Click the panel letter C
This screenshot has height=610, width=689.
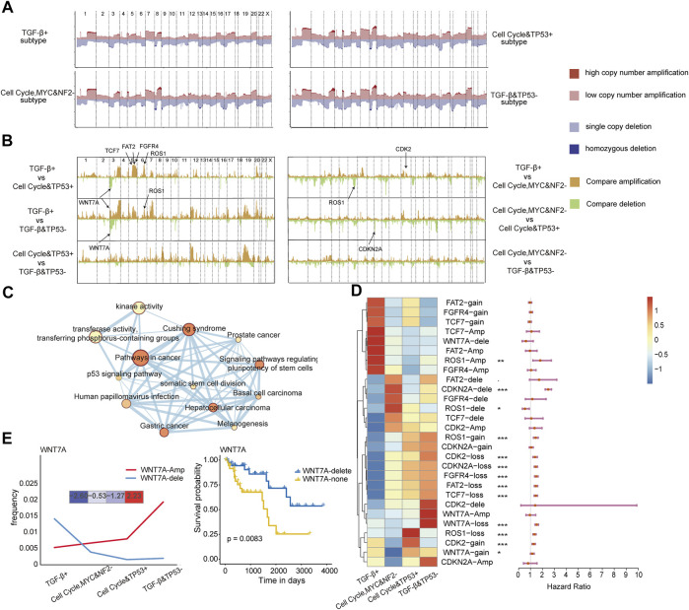(x=9, y=293)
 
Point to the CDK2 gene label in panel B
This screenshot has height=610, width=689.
(x=402, y=152)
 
